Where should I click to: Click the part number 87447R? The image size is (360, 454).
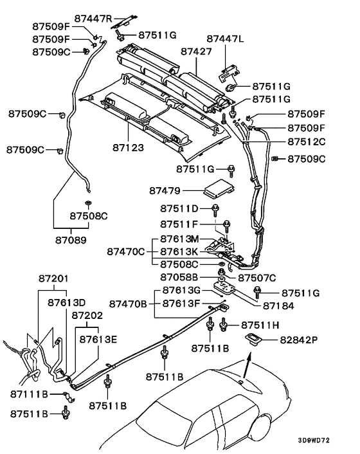tap(93, 18)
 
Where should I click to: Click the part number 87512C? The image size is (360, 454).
tap(306, 141)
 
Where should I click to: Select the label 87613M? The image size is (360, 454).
tap(179, 239)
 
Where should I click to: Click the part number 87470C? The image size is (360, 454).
tap(126, 251)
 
